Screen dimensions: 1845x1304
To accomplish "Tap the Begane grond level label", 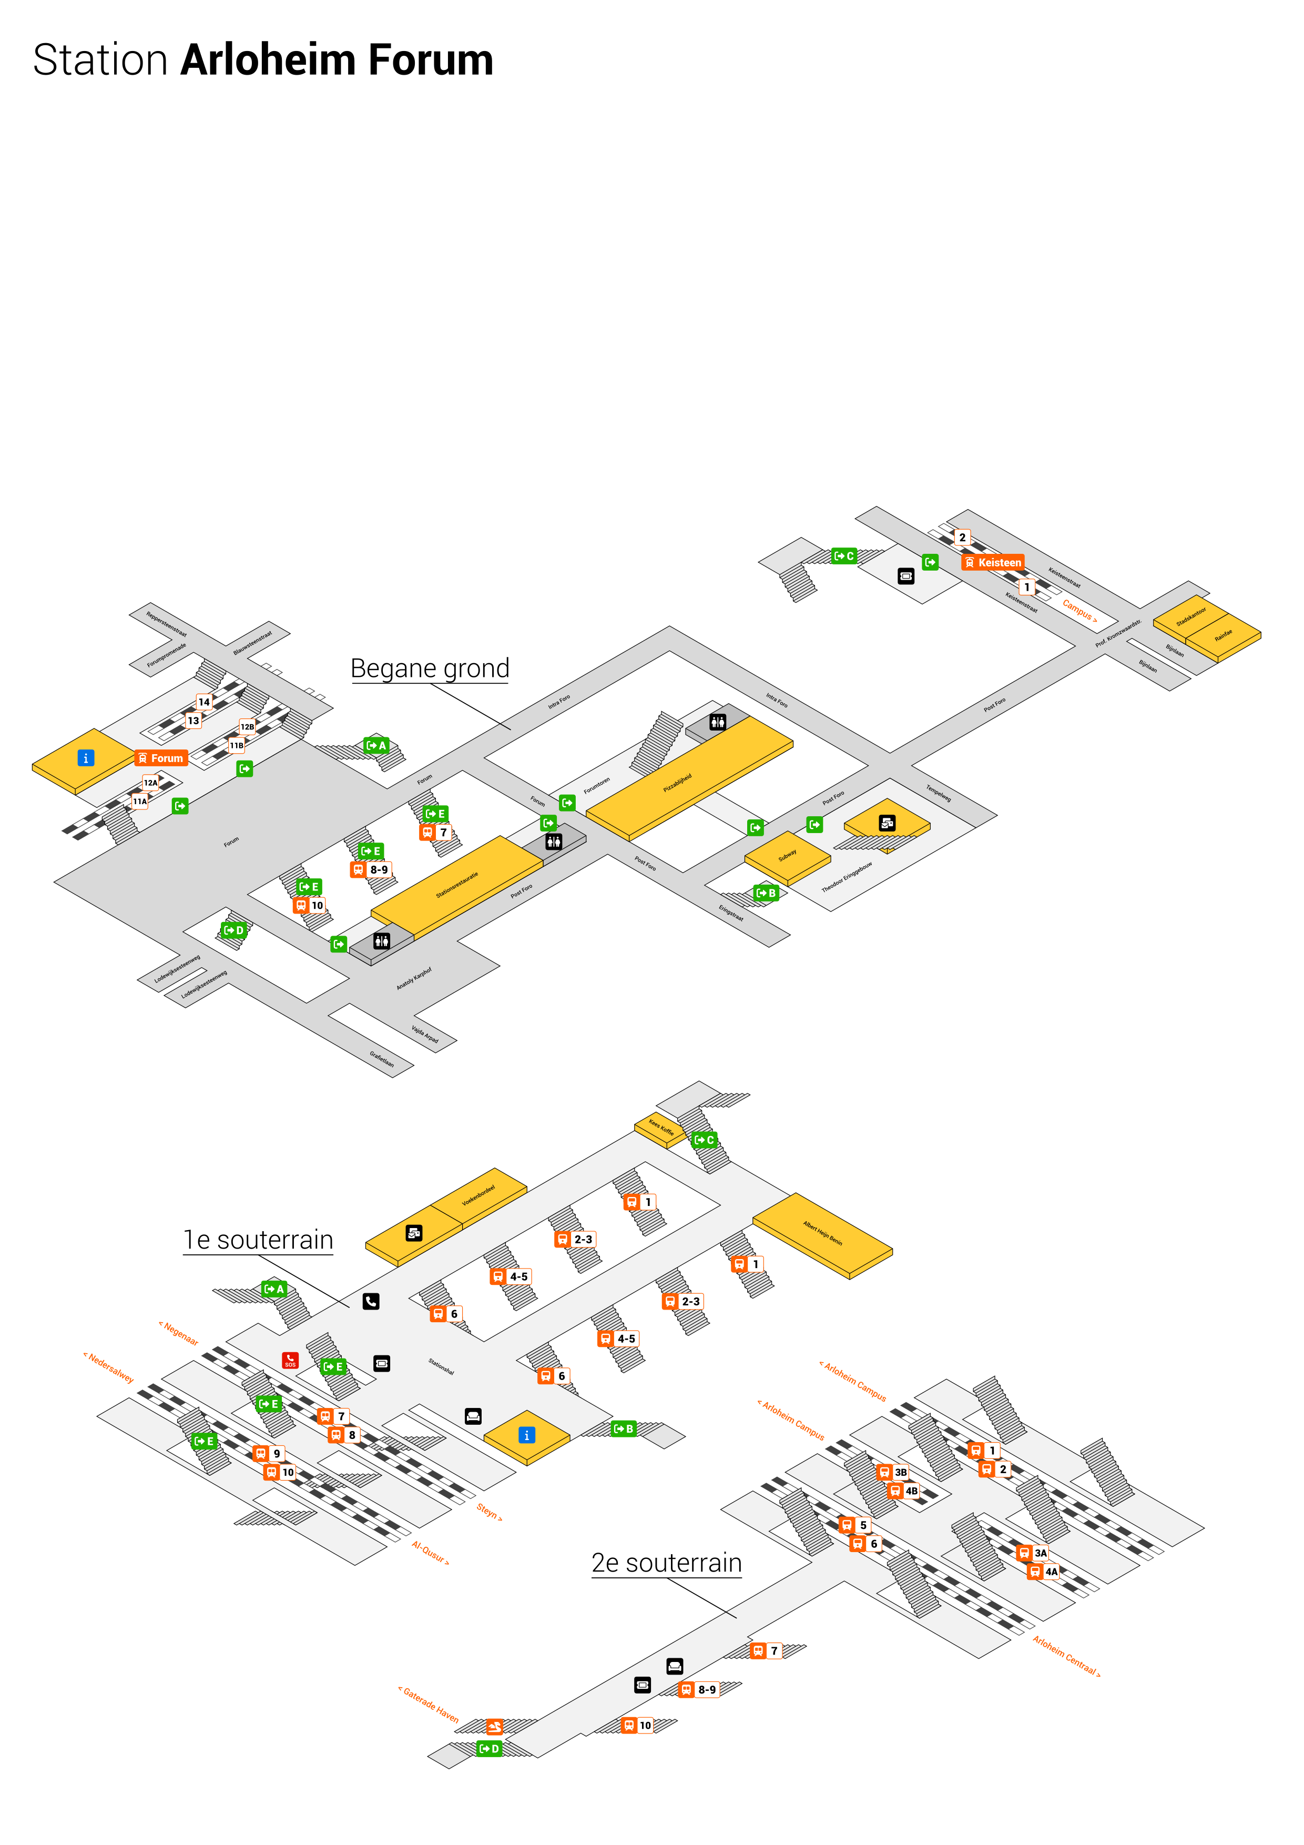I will [430, 668].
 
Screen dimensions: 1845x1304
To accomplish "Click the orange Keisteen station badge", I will [993, 563].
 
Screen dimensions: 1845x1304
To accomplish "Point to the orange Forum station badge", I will [161, 758].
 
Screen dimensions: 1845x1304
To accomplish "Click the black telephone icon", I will [370, 1301].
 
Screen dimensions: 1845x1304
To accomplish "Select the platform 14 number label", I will [204, 702].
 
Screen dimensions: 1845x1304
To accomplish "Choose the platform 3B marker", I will [893, 1472].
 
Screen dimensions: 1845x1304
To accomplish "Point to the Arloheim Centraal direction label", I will [1066, 1655].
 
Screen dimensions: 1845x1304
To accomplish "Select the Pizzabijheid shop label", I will [677, 784].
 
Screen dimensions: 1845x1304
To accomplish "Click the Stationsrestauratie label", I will [456, 885].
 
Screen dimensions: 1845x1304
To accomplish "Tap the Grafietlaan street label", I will [382, 1059].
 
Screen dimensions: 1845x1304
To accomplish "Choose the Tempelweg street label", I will [939, 793].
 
